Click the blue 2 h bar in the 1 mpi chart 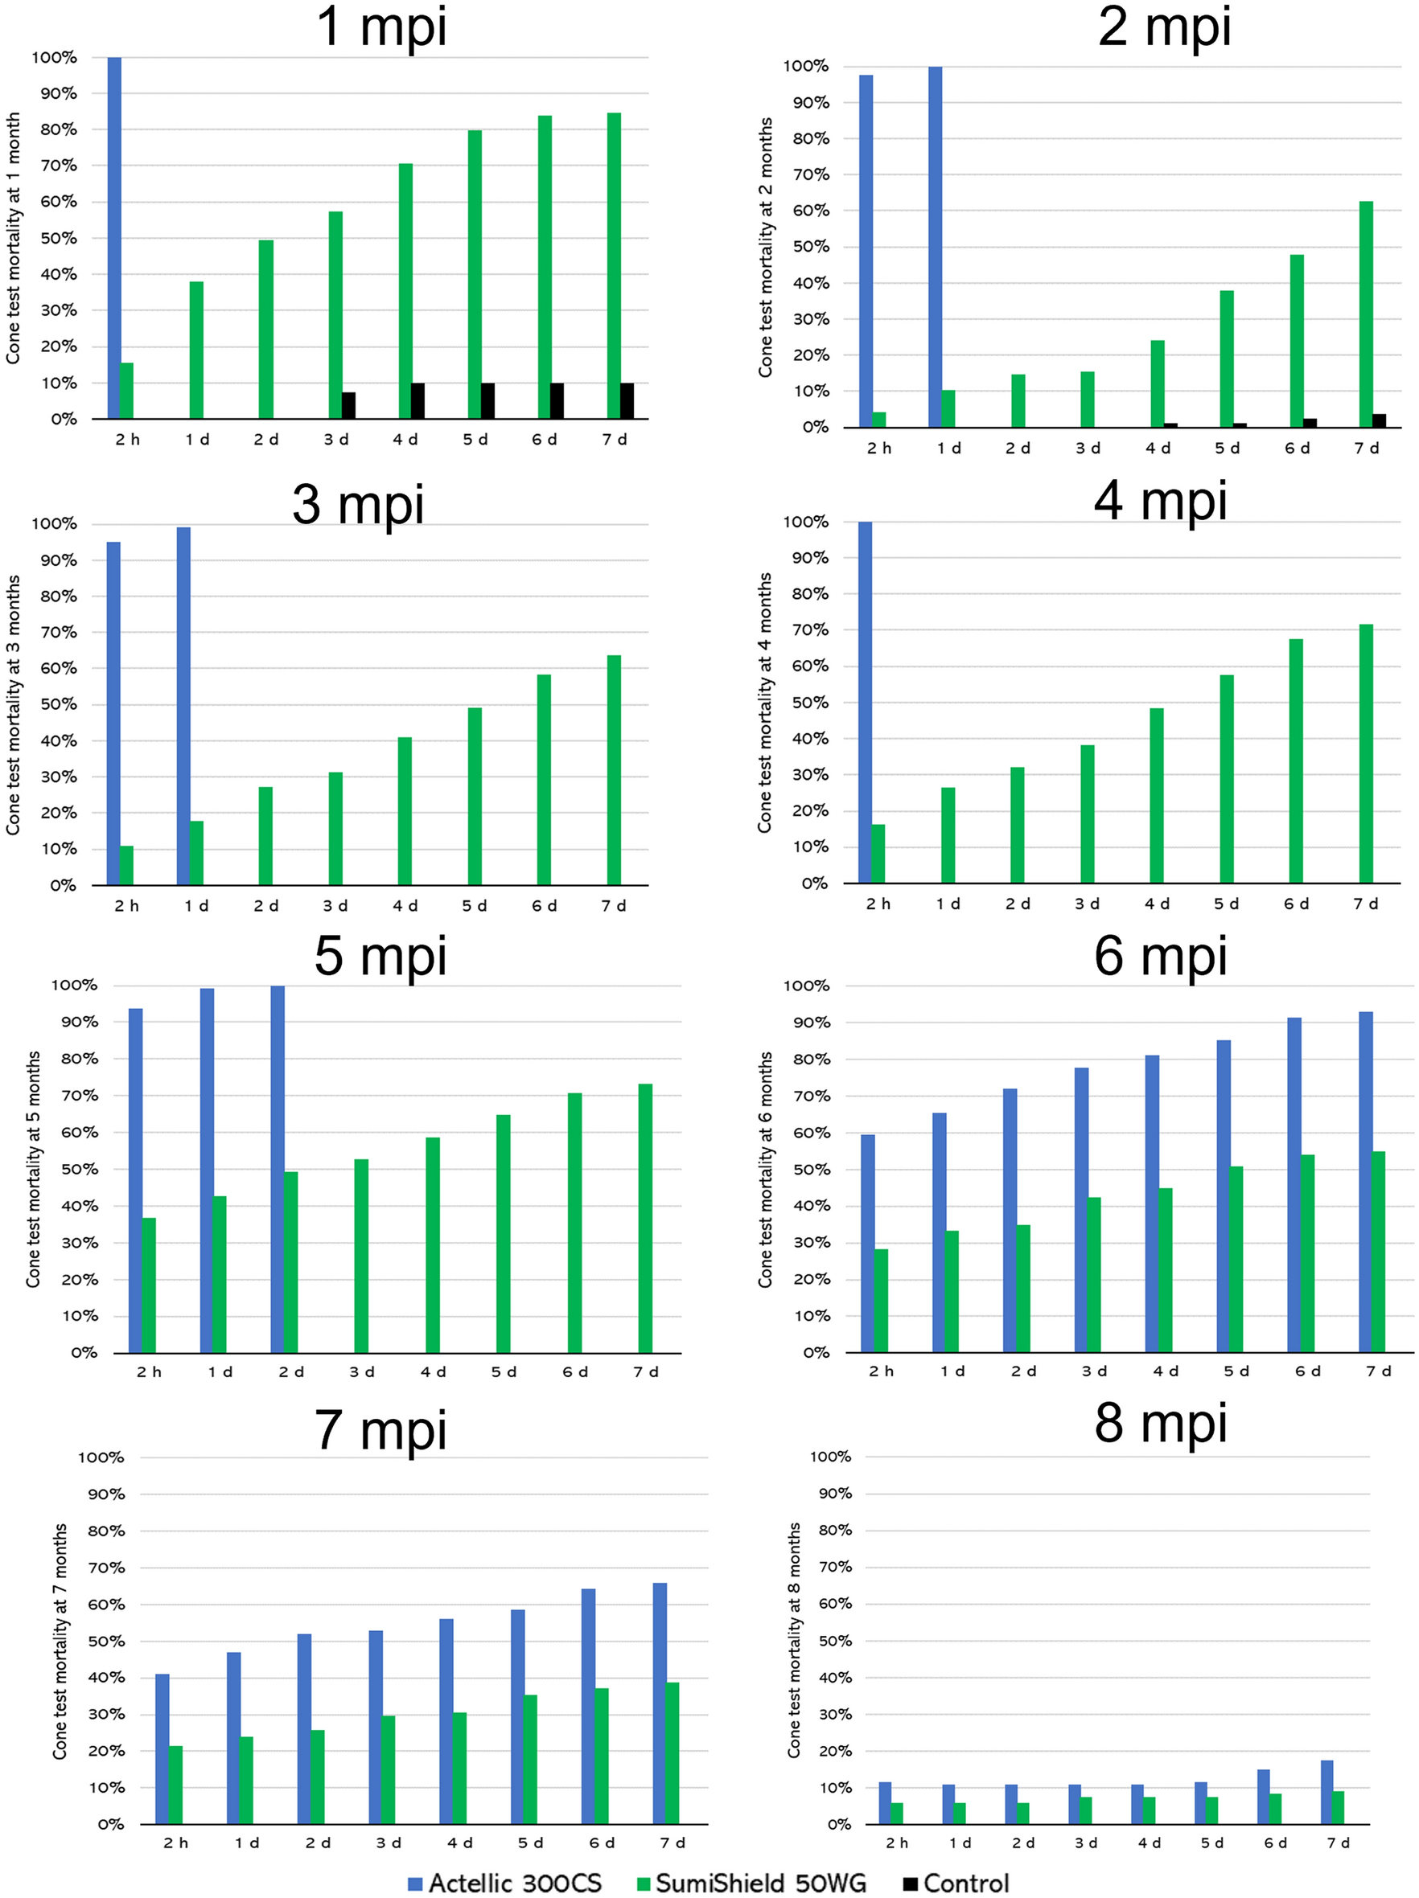pyautogui.click(x=114, y=238)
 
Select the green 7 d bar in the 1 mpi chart pyautogui.click(x=614, y=266)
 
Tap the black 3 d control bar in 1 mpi pyautogui.click(x=348, y=405)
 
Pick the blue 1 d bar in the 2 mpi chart pyautogui.click(x=935, y=246)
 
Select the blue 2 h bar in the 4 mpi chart pyautogui.click(x=865, y=702)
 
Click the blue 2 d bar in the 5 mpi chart pyautogui.click(x=278, y=1169)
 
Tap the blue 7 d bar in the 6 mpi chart pyautogui.click(x=1365, y=1182)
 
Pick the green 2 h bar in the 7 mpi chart pyautogui.click(x=176, y=1785)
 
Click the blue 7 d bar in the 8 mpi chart pyautogui.click(x=1326, y=1792)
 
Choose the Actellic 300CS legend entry pyautogui.click(x=506, y=1884)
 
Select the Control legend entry pyautogui.click(x=956, y=1884)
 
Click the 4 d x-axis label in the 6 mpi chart pyautogui.click(x=1165, y=1371)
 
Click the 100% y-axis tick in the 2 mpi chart pyautogui.click(x=805, y=66)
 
